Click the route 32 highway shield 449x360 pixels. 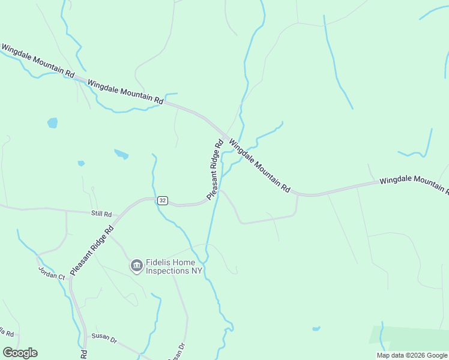click(162, 200)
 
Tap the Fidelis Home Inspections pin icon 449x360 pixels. click(137, 265)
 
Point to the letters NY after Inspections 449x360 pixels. click(197, 271)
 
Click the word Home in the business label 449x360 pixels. click(184, 262)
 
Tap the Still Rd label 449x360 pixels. click(101, 214)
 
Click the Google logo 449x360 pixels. click(20, 353)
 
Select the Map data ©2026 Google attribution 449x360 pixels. click(412, 355)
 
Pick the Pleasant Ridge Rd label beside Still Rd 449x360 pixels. click(92, 251)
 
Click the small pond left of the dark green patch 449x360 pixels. click(316, 329)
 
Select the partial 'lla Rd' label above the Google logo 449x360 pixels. click(10, 332)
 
